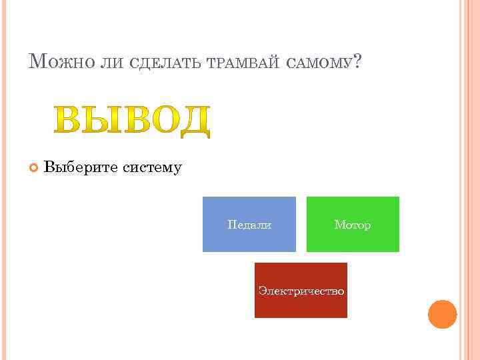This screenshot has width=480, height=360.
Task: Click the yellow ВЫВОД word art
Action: pyautogui.click(x=132, y=121)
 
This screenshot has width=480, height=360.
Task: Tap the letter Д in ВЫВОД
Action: pyautogui.click(x=194, y=121)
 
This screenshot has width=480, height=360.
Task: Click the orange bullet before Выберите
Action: pyautogui.click(x=34, y=167)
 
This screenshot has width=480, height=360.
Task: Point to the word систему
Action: pyautogui.click(x=152, y=167)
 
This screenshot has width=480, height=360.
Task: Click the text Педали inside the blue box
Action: pyautogui.click(x=249, y=225)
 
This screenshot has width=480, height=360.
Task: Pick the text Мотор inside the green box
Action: pyautogui.click(x=353, y=225)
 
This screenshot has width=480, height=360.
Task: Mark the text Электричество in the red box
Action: pyautogui.click(x=301, y=291)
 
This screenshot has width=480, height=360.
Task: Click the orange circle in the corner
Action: pyautogui.click(x=442, y=314)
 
